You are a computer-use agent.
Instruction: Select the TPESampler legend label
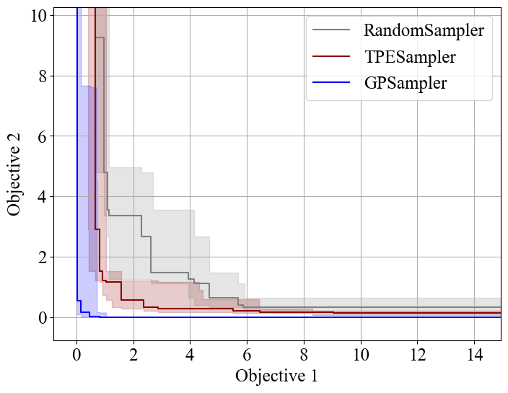coord(409,56)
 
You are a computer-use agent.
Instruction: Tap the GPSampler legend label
coord(405,83)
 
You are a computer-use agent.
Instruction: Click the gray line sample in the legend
coord(331,30)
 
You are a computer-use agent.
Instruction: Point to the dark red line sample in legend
coord(331,56)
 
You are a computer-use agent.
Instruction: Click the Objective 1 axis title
coord(276,376)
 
